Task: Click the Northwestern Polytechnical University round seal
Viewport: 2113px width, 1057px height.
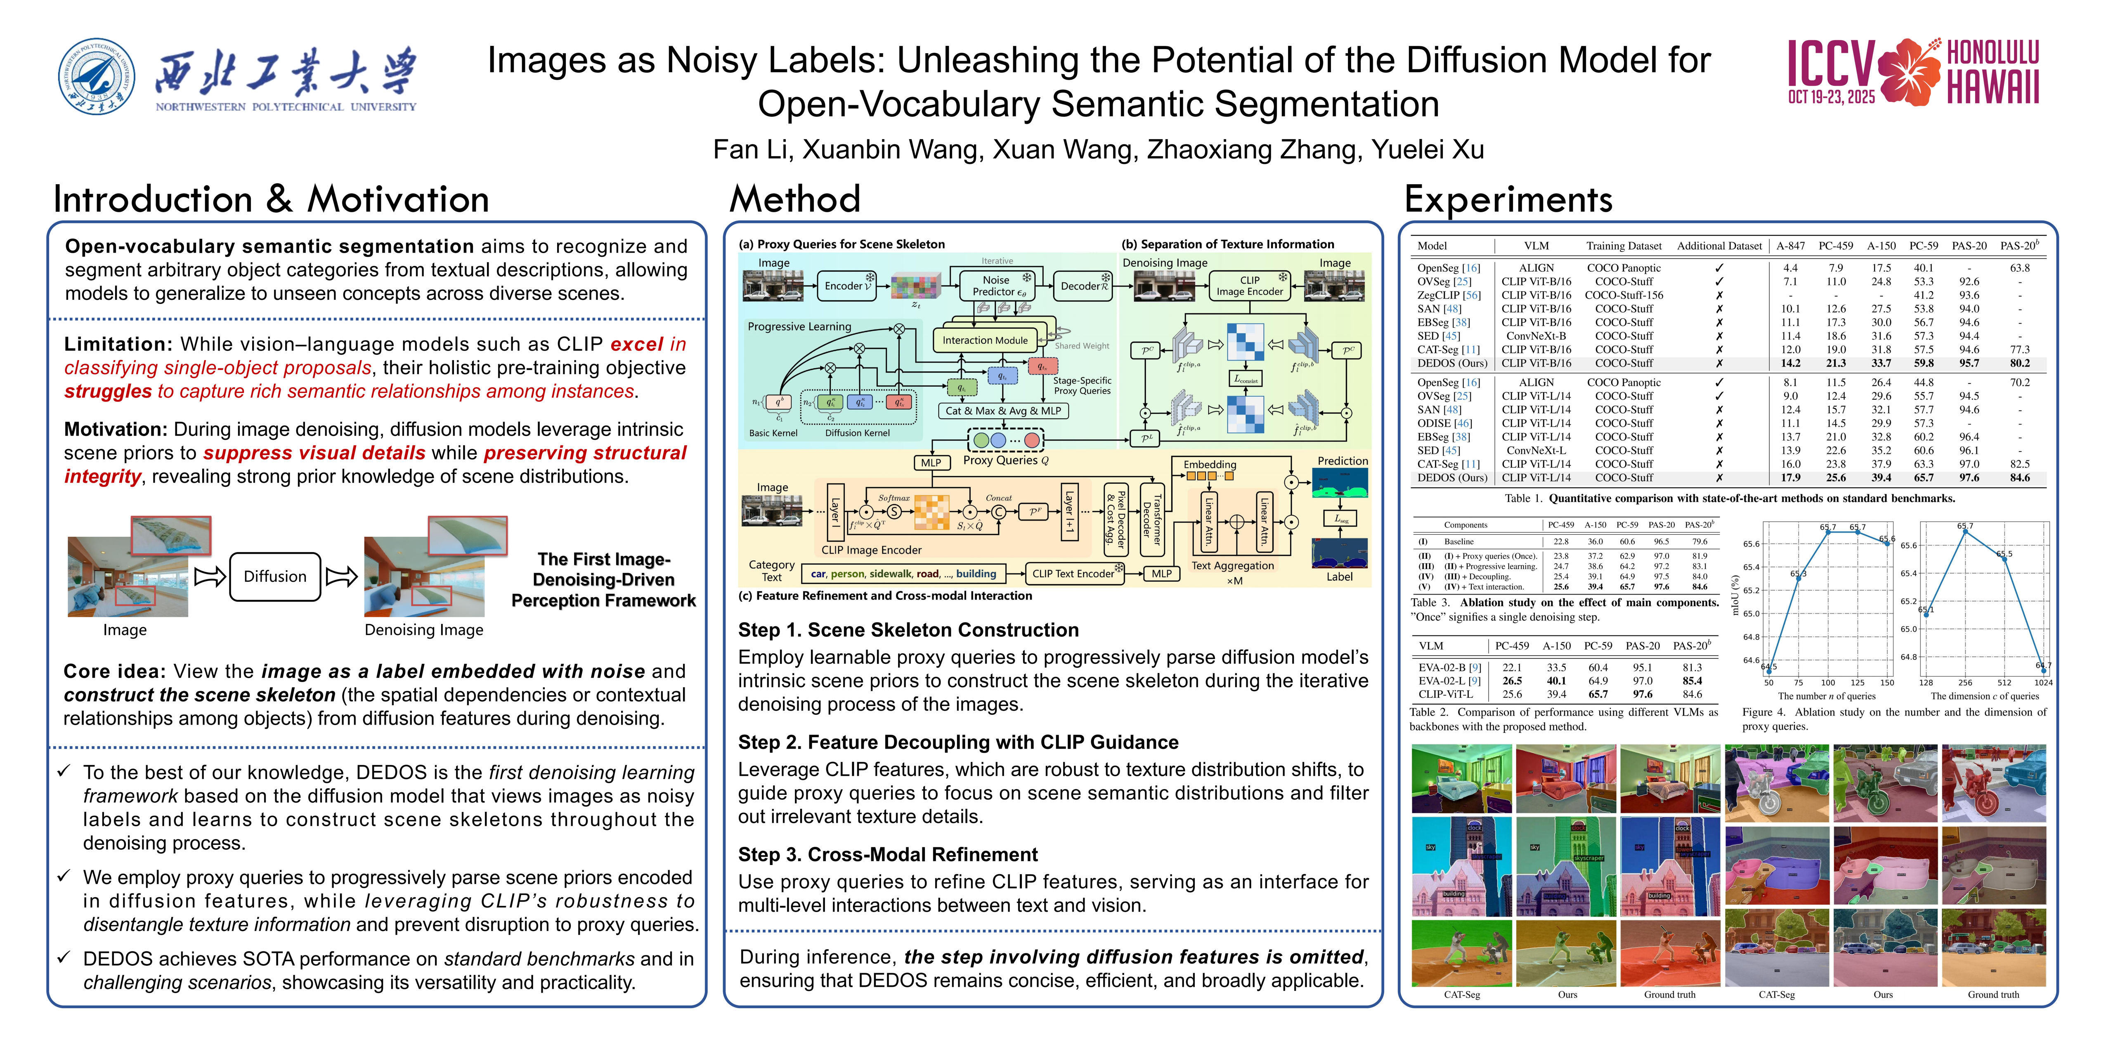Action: click(97, 76)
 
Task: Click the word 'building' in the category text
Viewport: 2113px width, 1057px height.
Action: click(976, 574)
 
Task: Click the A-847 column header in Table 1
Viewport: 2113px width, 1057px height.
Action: click(1790, 245)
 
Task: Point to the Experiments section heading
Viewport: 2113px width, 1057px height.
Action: click(1508, 199)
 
